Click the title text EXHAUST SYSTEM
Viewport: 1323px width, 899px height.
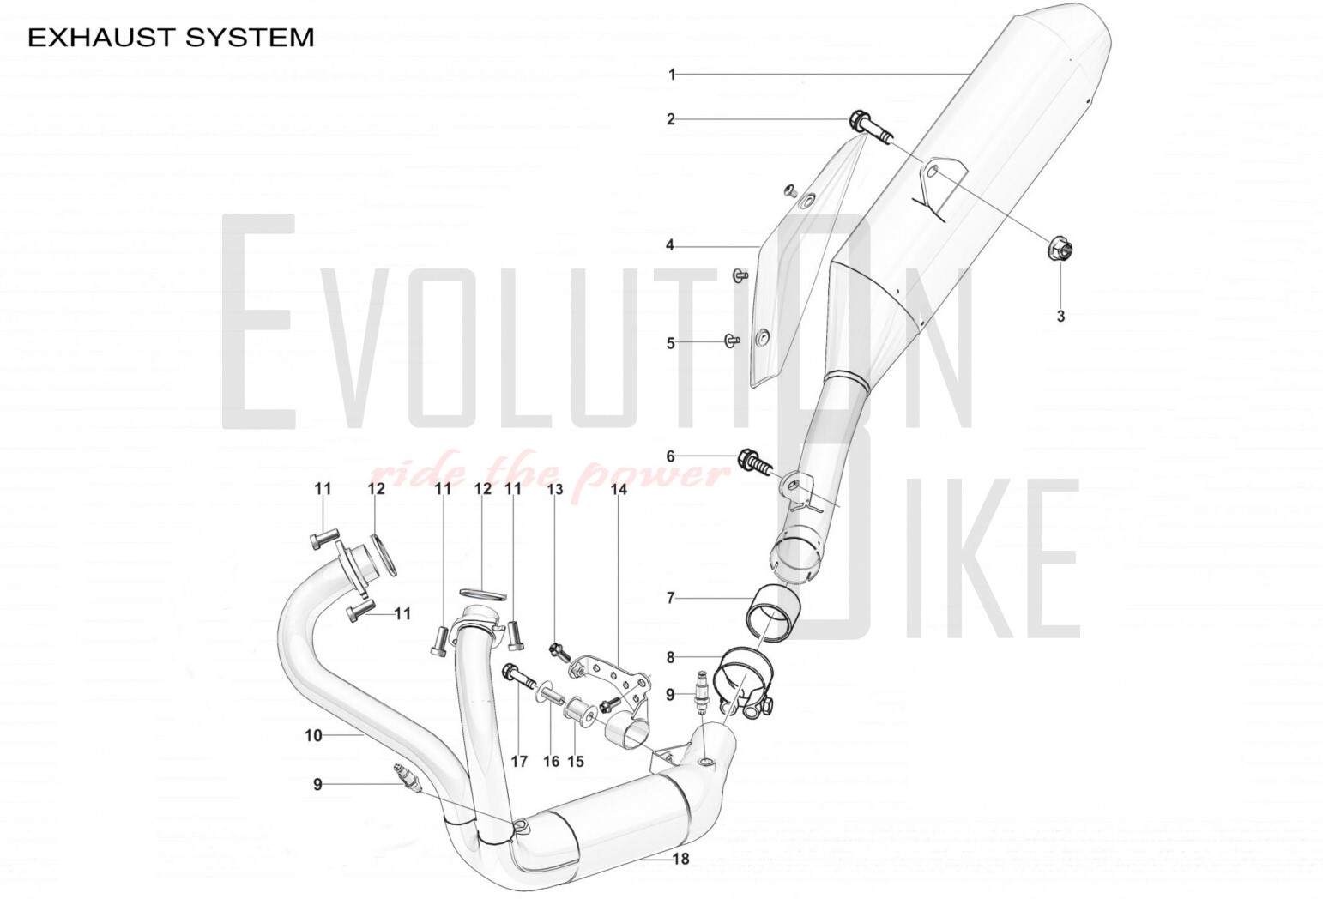[x=171, y=38]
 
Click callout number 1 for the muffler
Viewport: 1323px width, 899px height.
[x=673, y=75]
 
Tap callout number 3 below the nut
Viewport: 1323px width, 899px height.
[x=1060, y=317]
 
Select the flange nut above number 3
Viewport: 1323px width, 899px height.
[x=1058, y=250]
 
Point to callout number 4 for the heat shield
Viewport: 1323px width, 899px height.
[x=670, y=246]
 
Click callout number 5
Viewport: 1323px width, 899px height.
[x=671, y=343]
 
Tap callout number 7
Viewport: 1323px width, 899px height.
[x=671, y=598]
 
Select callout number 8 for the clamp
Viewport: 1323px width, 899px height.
[x=671, y=658]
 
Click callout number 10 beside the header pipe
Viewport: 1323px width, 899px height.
[x=313, y=735]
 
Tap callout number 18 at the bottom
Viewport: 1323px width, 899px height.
[x=680, y=859]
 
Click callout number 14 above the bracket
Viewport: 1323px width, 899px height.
[x=619, y=489]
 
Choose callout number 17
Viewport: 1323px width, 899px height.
[x=519, y=761]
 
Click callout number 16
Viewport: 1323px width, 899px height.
[x=551, y=761]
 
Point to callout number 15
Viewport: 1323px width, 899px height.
[x=576, y=761]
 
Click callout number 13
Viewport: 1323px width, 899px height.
[x=555, y=489]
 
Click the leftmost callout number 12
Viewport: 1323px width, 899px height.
[x=377, y=489]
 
